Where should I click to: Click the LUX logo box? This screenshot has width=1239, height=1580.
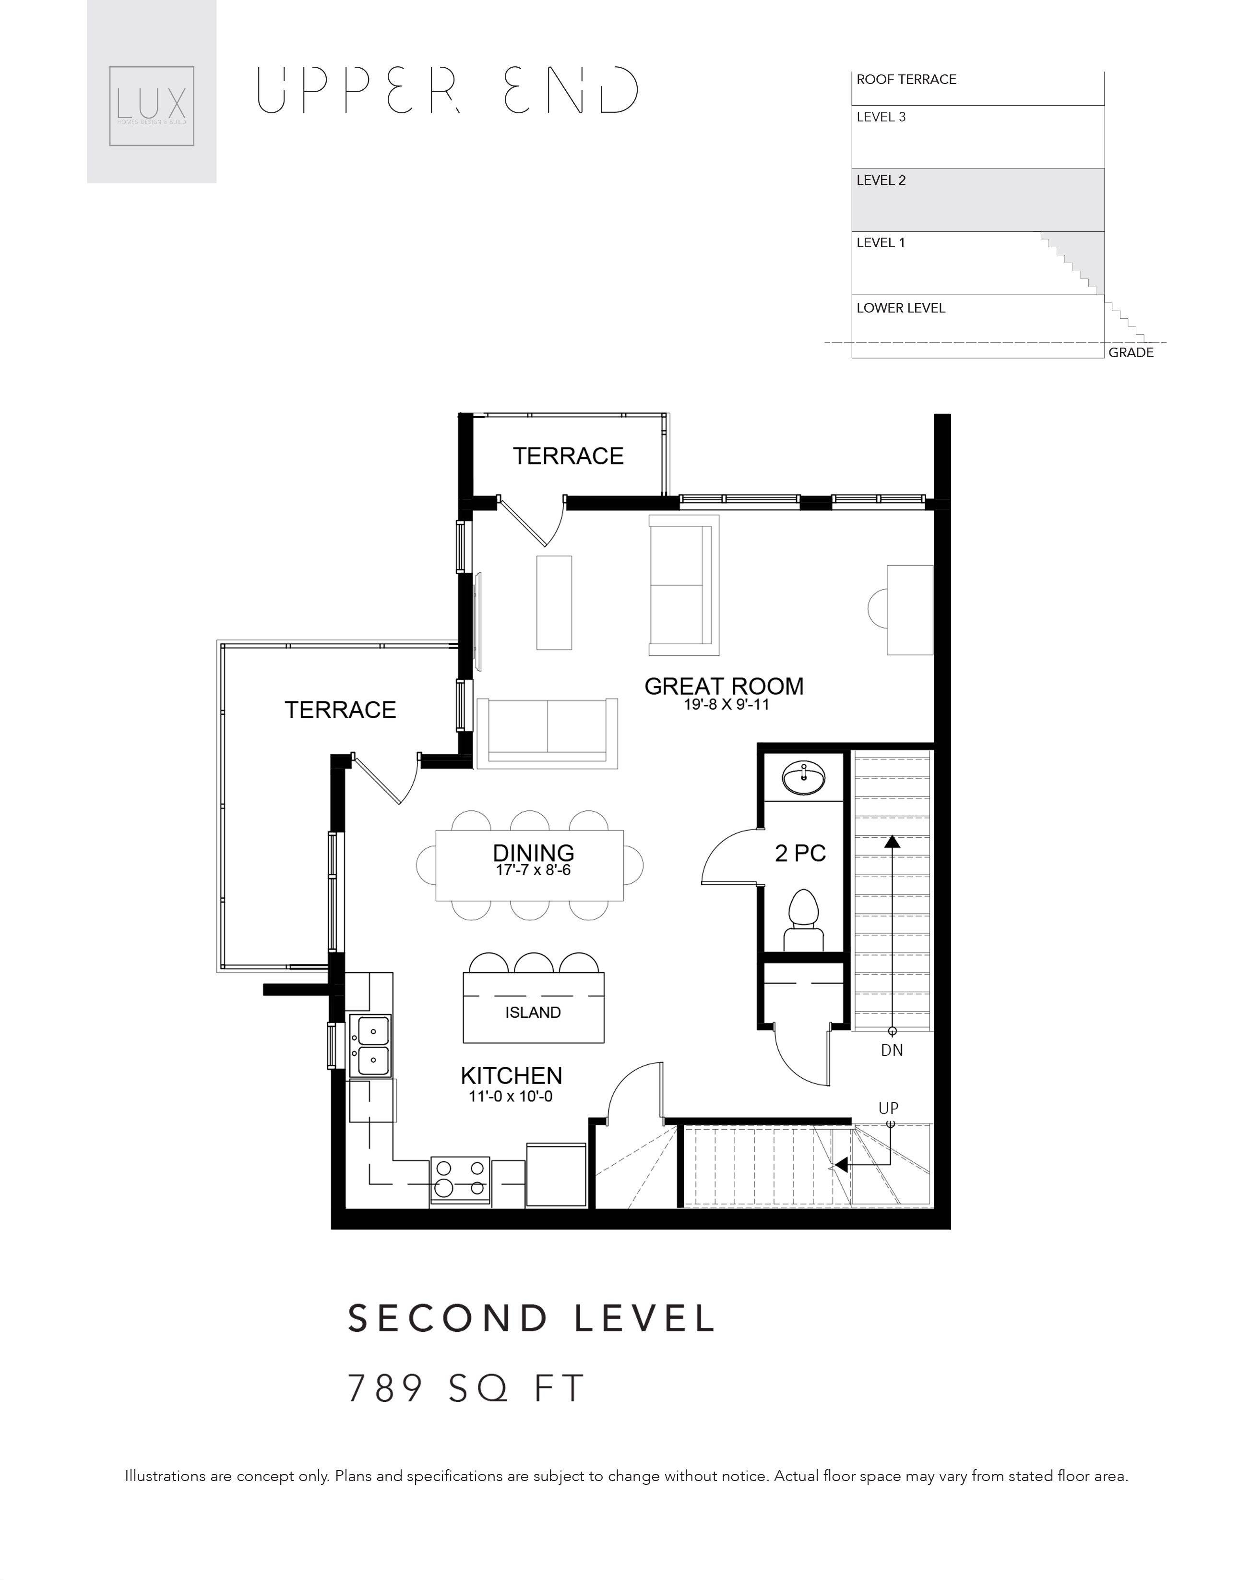(152, 106)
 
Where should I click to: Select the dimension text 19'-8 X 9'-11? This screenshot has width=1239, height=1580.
(726, 704)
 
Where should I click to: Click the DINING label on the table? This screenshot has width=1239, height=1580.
(533, 852)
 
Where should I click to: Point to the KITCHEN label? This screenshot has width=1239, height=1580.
(512, 1075)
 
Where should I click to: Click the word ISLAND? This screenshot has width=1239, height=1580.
(533, 1013)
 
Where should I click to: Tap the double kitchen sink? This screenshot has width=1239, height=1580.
(370, 1046)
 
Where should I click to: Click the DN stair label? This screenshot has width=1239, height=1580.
(892, 1050)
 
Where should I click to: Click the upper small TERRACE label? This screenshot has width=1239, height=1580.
(568, 456)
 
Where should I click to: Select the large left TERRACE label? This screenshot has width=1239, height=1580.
(340, 710)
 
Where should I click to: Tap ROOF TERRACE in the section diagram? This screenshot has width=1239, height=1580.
(906, 80)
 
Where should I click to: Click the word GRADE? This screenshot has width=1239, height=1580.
(1130, 353)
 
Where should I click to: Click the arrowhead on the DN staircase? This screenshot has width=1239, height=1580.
(892, 842)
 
